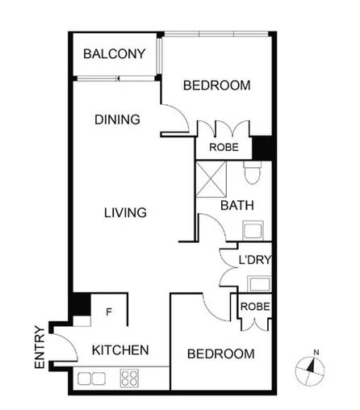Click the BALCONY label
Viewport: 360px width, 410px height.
(x=115, y=55)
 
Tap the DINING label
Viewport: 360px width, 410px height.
(x=117, y=119)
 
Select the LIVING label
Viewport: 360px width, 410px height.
(x=125, y=213)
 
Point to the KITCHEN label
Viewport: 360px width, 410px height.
(x=119, y=350)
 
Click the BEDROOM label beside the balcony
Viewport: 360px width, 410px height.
(x=216, y=86)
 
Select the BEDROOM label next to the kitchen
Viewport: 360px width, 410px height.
(x=220, y=354)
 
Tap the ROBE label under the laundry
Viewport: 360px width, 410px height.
(x=253, y=307)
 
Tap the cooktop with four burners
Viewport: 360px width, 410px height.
(x=130, y=377)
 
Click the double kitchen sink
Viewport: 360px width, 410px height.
(x=90, y=377)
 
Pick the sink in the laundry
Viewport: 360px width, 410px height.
(x=260, y=282)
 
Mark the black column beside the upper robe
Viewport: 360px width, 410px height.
(x=262, y=148)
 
